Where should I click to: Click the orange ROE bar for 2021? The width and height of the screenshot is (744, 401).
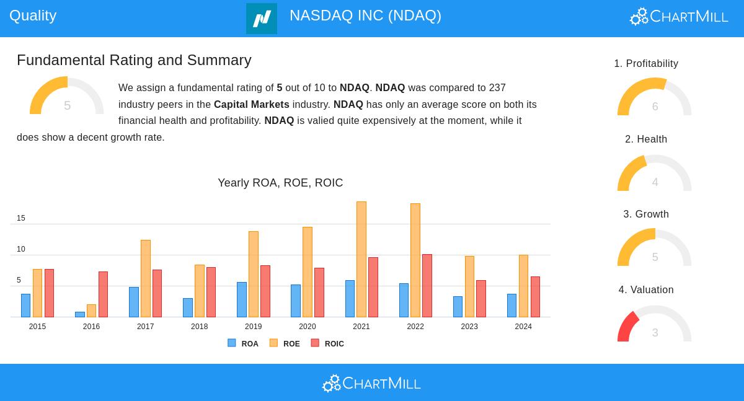[361, 259]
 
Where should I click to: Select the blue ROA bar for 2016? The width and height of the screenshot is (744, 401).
[80, 314]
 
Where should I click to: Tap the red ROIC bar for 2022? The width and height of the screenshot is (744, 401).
[427, 286]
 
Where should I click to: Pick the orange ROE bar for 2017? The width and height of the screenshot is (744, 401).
[146, 278]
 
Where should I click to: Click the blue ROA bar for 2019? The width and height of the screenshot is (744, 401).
[242, 299]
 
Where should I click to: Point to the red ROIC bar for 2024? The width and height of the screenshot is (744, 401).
[535, 297]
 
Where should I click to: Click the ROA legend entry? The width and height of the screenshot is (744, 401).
[243, 343]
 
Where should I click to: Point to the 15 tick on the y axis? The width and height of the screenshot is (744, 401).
[21, 218]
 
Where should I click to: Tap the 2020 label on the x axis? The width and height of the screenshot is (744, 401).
[308, 327]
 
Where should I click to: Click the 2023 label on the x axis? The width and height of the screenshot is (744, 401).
[469, 327]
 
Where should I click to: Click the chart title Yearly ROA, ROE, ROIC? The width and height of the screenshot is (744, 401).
[280, 183]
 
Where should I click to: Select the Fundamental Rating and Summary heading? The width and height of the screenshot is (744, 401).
[134, 60]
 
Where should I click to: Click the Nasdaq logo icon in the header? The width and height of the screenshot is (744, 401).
[262, 19]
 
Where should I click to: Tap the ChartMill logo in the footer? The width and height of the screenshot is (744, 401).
[371, 384]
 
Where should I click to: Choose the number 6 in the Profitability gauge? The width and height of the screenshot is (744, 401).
[655, 107]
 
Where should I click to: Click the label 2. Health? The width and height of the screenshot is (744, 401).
[646, 139]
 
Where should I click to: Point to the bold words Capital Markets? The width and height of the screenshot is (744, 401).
[251, 105]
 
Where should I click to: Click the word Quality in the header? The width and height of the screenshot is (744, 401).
[33, 15]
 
